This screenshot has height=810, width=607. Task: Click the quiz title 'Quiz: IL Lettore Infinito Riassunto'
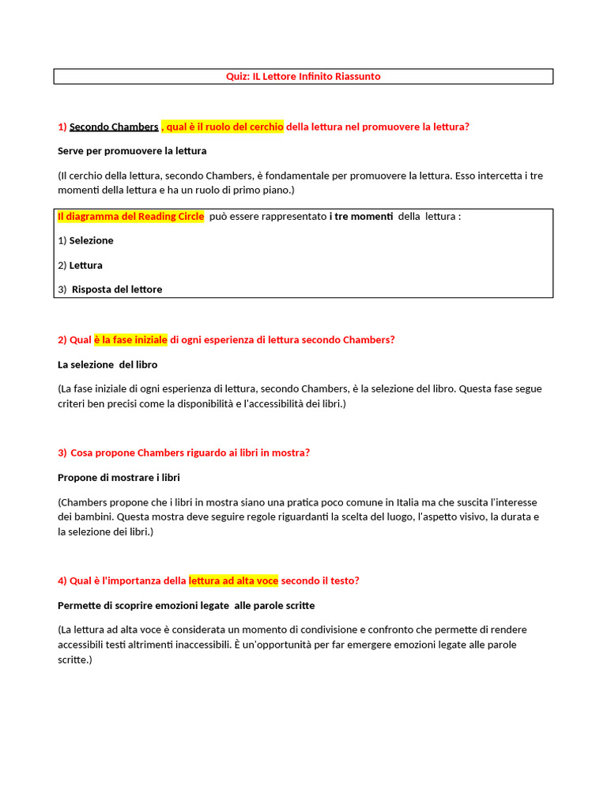click(x=303, y=77)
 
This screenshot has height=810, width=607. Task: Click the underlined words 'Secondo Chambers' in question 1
click(x=114, y=127)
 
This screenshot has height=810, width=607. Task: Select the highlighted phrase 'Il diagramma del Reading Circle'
click(x=130, y=216)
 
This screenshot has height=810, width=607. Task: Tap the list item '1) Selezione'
click(x=86, y=240)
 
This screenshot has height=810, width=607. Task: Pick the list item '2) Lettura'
click(x=81, y=265)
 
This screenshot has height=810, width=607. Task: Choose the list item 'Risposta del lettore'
click(x=117, y=290)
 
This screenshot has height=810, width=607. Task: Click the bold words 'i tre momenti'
click(x=361, y=216)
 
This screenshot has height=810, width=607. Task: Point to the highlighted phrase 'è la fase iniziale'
click(x=130, y=339)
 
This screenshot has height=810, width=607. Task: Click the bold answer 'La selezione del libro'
click(x=107, y=365)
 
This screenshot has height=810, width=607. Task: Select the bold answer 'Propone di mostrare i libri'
click(x=124, y=478)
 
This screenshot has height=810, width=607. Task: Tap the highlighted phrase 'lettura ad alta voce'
click(x=233, y=581)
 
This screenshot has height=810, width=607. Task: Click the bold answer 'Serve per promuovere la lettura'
click(x=132, y=150)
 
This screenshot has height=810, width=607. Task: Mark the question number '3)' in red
click(x=62, y=452)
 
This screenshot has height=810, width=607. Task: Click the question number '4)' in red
click(x=62, y=581)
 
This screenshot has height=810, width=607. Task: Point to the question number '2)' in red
click(x=62, y=339)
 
